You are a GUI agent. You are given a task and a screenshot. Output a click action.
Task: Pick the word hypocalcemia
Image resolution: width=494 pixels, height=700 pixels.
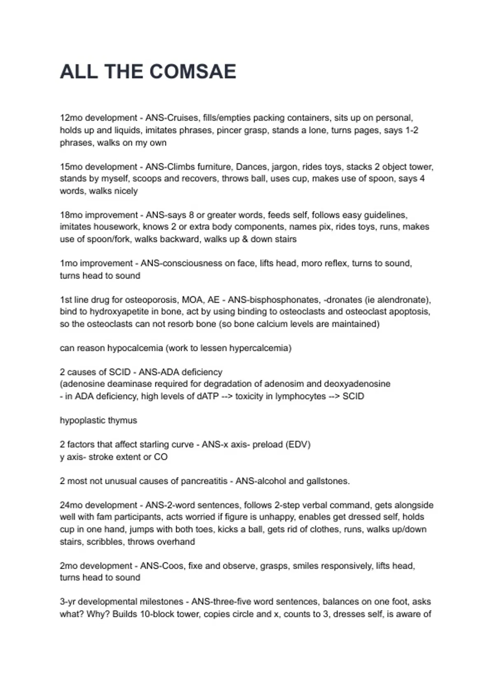(135, 348)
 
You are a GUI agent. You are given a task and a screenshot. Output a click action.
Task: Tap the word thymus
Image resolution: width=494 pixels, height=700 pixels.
(123, 420)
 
